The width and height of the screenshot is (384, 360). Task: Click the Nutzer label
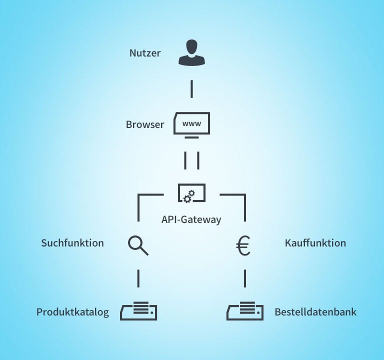coord(145,53)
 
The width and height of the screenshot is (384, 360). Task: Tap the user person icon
coord(191,53)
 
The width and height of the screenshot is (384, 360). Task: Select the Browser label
coord(145,124)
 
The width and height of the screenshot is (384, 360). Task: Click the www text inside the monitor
coord(191,123)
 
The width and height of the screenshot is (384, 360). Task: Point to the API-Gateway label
coord(191,219)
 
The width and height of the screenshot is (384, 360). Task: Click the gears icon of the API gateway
coord(188,197)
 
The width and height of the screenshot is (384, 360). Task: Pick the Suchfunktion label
coord(72,243)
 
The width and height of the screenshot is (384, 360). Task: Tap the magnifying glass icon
coord(138,245)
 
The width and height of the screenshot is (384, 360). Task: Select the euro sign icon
coord(243,245)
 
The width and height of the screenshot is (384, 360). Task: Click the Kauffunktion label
coord(315,243)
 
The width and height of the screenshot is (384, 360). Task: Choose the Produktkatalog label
coord(72,312)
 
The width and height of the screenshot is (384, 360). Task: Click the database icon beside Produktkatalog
coord(139,310)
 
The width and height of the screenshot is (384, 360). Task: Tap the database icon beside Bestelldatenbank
coord(245,310)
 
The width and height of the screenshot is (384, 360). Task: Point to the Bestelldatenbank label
coord(315,312)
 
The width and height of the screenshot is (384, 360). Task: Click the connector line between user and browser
coord(191,88)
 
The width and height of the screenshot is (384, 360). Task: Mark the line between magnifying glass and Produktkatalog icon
coord(138,278)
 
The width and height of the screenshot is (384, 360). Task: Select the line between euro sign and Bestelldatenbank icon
coord(245,278)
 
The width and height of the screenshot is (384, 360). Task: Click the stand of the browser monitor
coord(191,136)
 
